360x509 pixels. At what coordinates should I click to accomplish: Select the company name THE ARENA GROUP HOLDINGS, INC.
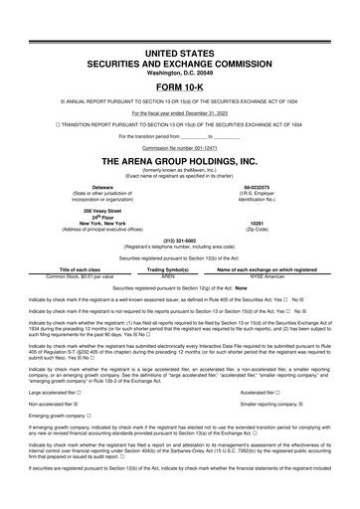(x=180, y=160)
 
